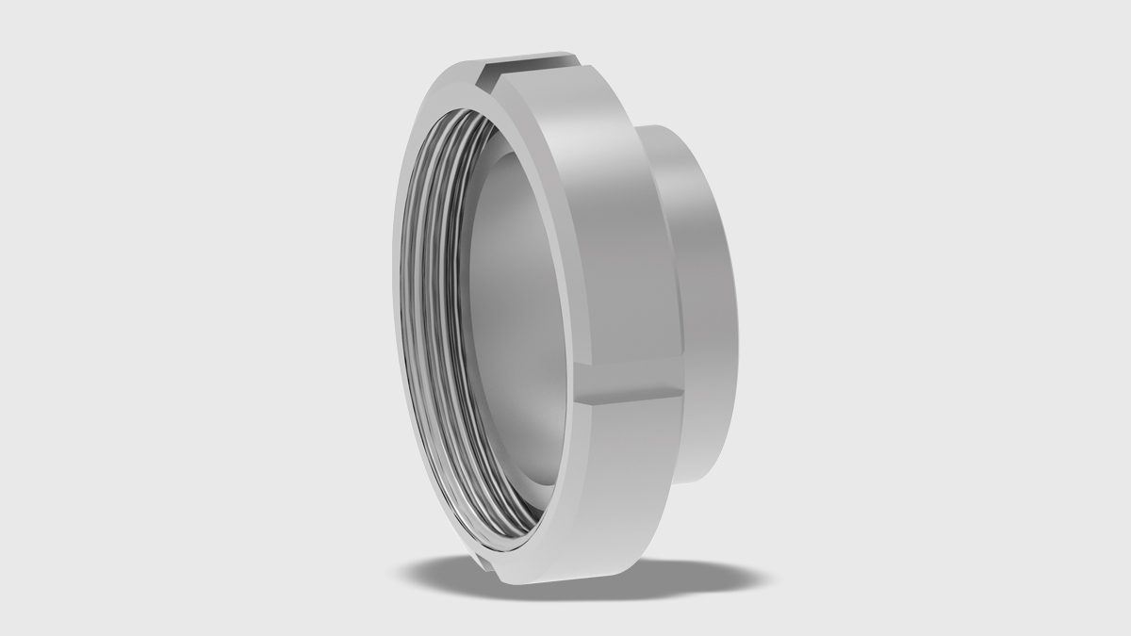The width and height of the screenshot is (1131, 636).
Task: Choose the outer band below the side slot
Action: (x=613, y=490)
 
